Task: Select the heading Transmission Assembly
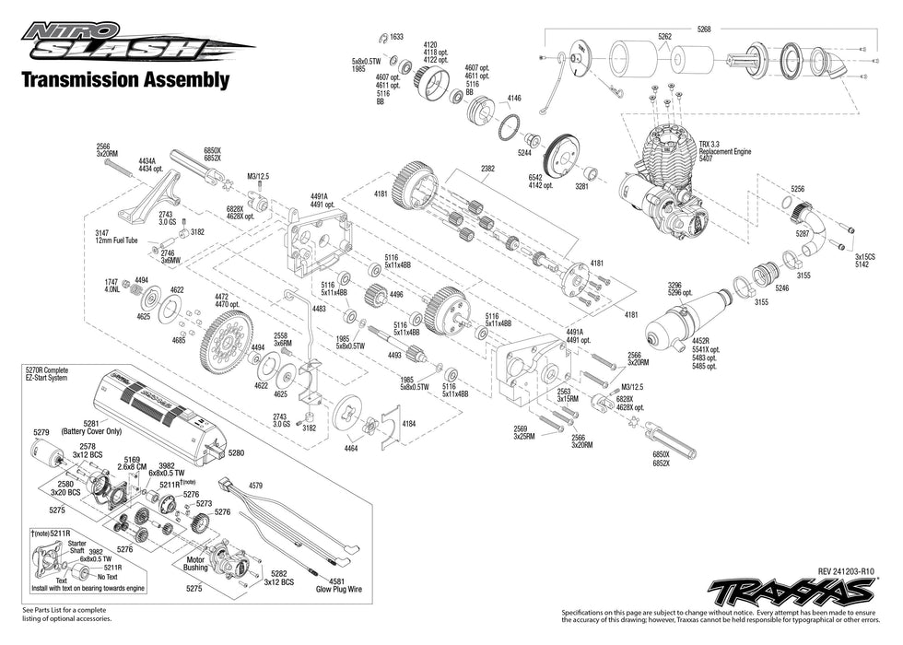point(125,80)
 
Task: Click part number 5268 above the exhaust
point(704,29)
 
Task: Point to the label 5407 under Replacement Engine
point(708,160)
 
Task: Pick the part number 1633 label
point(397,37)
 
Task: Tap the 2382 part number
point(487,169)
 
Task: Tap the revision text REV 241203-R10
point(845,571)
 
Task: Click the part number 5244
point(528,153)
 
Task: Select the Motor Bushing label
point(196,563)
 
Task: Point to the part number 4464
point(351,447)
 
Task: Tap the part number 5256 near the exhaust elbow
point(797,189)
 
